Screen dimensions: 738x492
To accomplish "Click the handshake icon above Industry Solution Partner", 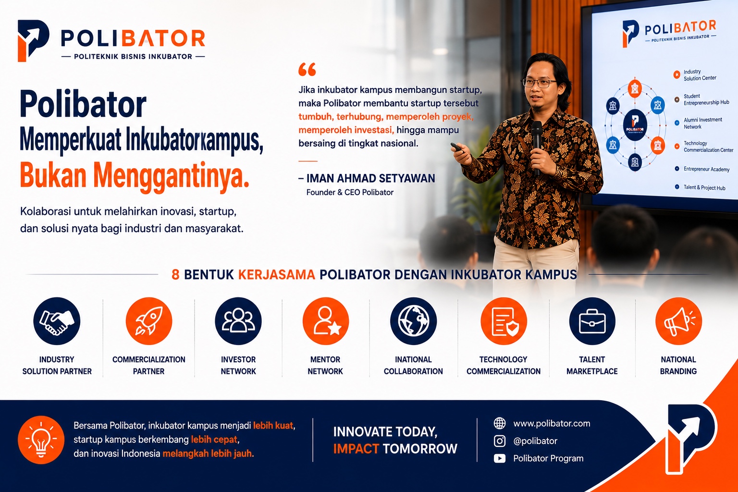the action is point(57,321).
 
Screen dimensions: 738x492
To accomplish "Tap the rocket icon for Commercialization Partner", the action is point(149,321).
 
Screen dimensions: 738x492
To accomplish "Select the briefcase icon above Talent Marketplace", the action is point(592,321).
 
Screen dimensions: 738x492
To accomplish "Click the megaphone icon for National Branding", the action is point(678,321).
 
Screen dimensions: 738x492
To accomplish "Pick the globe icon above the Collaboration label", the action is point(414,321).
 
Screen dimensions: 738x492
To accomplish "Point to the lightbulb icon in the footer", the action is point(41,440).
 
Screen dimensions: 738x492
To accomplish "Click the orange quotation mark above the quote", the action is point(307,69).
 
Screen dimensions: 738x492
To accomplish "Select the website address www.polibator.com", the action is point(552,423).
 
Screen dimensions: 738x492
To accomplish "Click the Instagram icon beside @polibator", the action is point(500,441).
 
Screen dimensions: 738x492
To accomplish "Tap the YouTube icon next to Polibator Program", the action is point(500,458).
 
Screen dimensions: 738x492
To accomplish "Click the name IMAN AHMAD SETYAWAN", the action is point(370,178).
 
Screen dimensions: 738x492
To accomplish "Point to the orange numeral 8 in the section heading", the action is point(175,274).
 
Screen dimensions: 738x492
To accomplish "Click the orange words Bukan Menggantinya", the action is point(135,175).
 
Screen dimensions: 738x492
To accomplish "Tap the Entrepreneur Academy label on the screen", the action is point(706,169).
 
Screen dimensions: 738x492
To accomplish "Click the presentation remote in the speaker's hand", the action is point(457,147).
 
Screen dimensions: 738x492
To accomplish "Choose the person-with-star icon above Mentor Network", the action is point(325,321).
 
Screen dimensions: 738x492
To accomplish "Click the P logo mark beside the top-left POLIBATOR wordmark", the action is point(33,40).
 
